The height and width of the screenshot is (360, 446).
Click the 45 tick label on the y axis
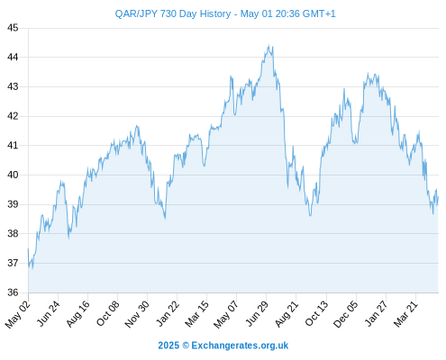13,28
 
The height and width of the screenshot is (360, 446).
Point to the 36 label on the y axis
13,292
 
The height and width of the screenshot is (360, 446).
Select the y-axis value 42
13,116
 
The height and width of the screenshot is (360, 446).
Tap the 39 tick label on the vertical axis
13,204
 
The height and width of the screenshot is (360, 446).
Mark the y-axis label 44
13,57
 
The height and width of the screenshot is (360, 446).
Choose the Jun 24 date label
49,313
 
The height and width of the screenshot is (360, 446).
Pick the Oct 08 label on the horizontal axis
108,313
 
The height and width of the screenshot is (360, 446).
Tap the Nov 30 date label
137,314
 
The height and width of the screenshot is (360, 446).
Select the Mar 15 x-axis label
197,314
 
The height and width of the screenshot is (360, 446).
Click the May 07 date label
226,314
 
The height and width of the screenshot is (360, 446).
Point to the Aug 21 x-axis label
287,314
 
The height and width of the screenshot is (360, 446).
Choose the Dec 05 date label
346,314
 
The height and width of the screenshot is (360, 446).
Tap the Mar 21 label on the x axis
405,314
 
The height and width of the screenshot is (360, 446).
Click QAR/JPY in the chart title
136,13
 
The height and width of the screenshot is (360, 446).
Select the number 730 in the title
168,13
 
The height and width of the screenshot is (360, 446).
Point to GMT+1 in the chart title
319,13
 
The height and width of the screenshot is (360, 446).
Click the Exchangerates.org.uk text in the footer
240,346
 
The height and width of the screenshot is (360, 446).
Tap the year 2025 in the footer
168,346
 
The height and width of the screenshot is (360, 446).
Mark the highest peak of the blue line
269,45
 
